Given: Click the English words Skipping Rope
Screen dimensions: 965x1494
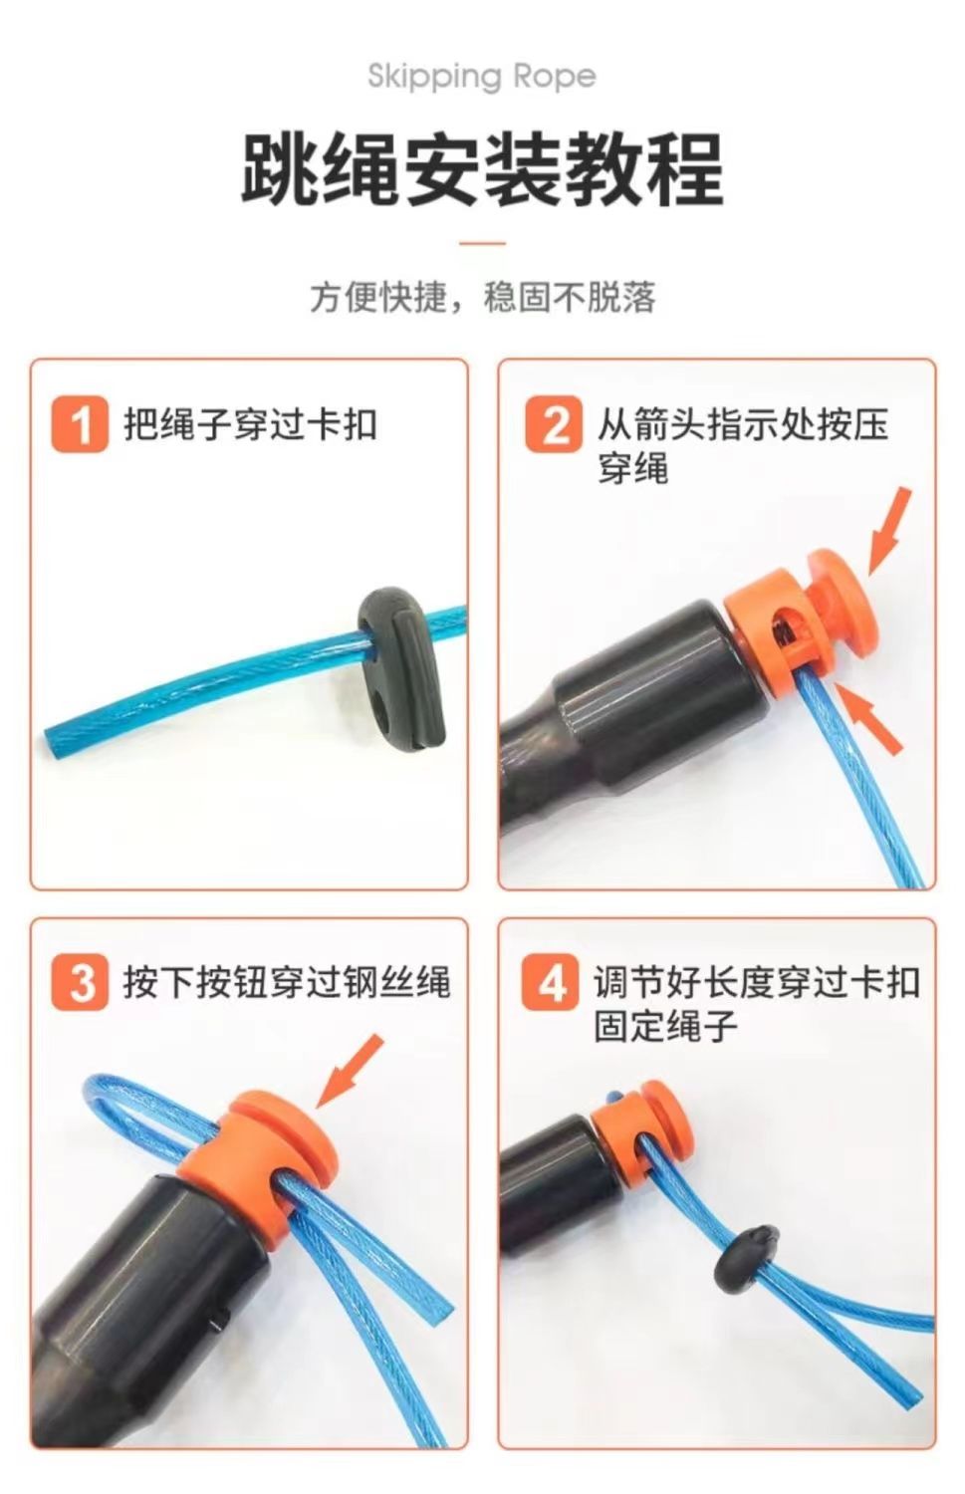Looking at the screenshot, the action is pyautogui.click(x=481, y=77).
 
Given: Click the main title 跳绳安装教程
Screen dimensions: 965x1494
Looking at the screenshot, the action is pyautogui.click(x=482, y=169).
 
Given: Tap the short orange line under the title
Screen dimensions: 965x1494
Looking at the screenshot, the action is pyautogui.click(x=482, y=243).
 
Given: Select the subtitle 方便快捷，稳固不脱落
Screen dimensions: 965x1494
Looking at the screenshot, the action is pyautogui.click(x=483, y=297).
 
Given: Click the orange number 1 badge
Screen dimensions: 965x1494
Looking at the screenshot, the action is pyautogui.click(x=80, y=425).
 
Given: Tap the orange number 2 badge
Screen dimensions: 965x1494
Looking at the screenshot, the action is pyautogui.click(x=553, y=425).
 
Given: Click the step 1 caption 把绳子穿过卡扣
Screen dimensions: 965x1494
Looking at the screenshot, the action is pyautogui.click(x=250, y=424).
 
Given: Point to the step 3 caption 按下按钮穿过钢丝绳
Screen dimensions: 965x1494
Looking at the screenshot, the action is pyautogui.click(x=287, y=981).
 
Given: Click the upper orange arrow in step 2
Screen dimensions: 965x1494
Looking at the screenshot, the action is pyautogui.click(x=888, y=531).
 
